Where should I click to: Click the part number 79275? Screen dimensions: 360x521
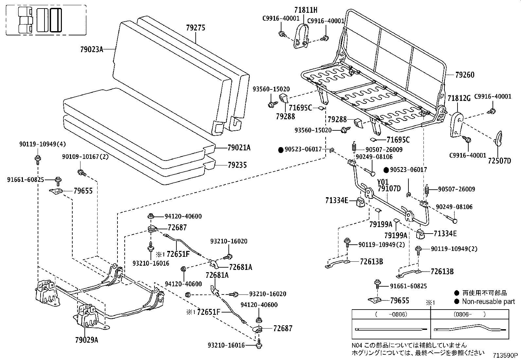195,28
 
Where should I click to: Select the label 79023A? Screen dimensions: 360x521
91,50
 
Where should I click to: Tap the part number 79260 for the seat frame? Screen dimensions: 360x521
465,75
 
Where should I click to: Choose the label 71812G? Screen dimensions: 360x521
459,98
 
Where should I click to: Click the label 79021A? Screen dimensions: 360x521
239,148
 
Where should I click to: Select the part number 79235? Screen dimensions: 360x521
237,165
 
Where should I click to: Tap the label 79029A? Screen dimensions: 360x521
86,340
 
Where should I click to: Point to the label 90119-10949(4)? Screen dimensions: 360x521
42,144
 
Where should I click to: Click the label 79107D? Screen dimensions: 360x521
389,189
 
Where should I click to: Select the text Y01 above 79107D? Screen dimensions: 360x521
383,182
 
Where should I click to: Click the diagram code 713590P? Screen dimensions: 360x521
506,355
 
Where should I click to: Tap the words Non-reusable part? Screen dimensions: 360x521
488,301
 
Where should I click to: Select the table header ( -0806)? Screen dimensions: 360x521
391,314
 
